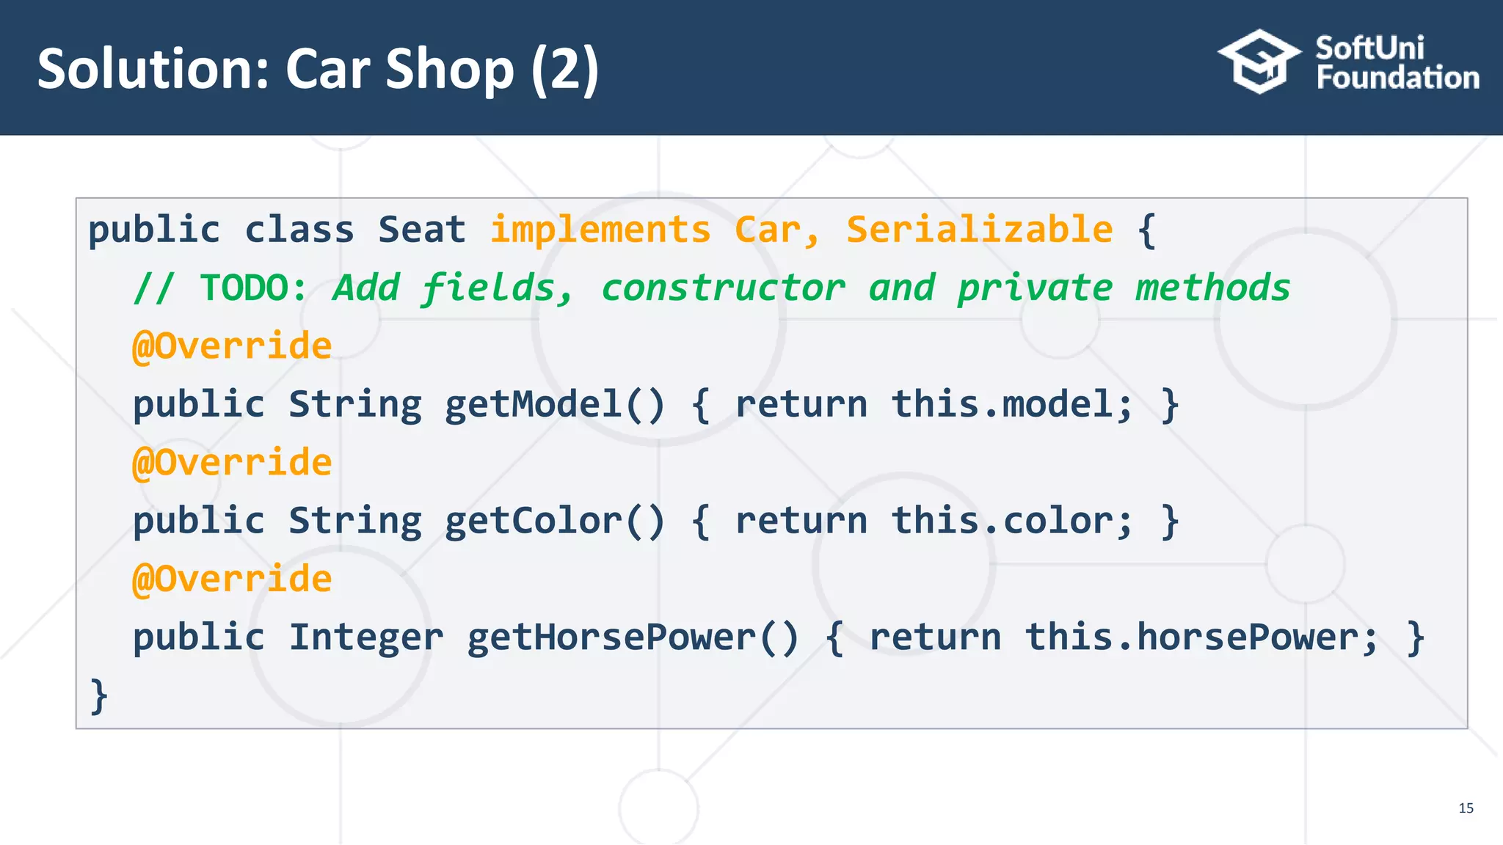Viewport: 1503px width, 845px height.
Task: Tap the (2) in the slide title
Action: (565, 69)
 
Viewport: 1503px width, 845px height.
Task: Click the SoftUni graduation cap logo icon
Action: (1259, 62)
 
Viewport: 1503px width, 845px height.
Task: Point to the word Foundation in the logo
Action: (1397, 78)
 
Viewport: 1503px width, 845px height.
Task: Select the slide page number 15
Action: (1466, 808)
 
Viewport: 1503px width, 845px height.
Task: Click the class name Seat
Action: (422, 230)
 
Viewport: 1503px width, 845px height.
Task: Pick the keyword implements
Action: (600, 230)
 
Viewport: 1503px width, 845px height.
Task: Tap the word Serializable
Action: (979, 230)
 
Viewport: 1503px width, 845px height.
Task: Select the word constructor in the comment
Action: (723, 288)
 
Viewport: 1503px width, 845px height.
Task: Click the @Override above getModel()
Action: (232, 345)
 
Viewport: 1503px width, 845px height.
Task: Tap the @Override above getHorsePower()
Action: (232, 579)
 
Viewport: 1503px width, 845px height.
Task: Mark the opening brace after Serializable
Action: (1146, 230)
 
